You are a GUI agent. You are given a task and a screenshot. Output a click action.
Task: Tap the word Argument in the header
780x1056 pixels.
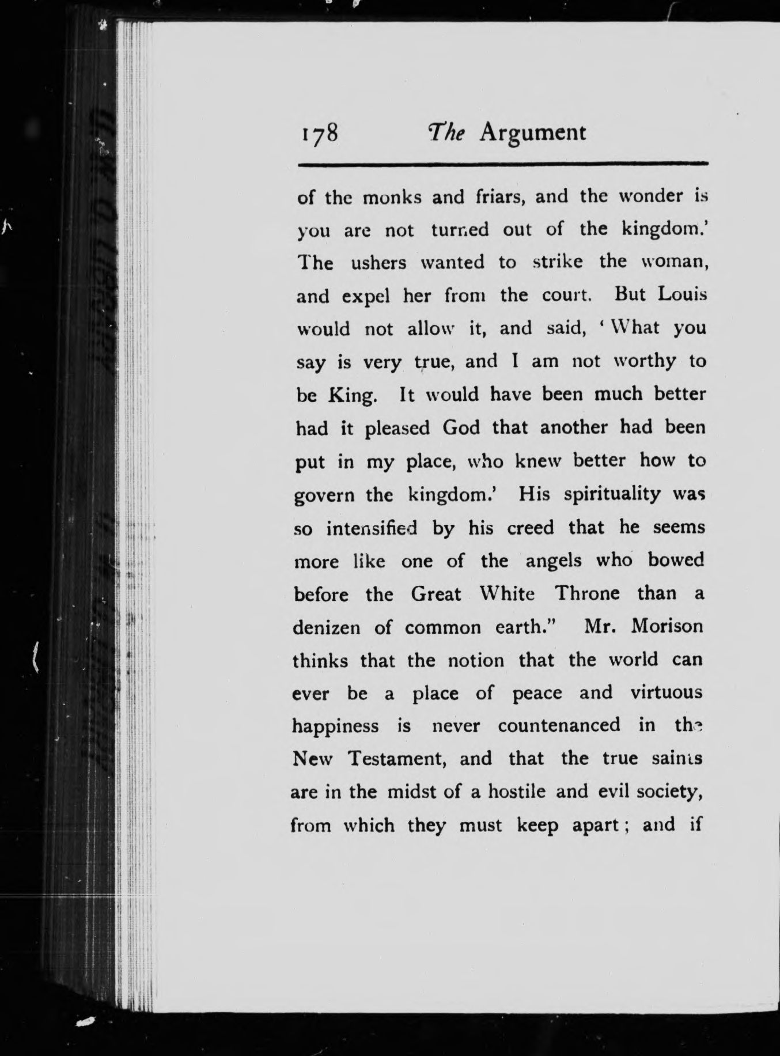click(533, 133)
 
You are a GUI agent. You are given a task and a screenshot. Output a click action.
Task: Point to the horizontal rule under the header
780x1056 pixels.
click(502, 165)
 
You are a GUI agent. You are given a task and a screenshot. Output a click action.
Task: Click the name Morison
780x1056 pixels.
click(667, 627)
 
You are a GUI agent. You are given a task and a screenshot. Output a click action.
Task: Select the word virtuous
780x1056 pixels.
click(667, 693)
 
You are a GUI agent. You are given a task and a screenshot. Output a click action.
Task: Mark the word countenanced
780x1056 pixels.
click(559, 726)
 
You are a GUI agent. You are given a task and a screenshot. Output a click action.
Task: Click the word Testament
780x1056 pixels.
click(397, 759)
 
